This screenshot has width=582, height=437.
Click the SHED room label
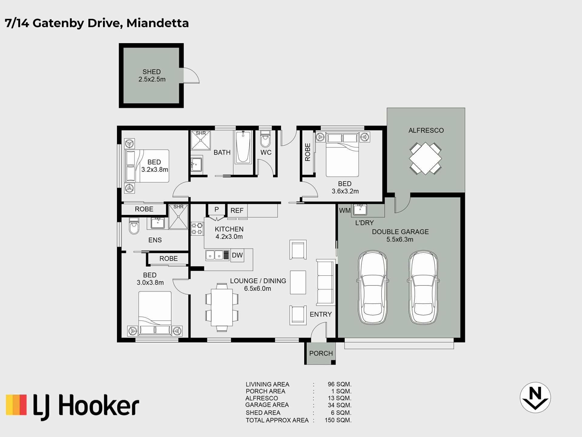pos(152,72)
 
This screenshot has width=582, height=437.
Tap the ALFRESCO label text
pos(426,130)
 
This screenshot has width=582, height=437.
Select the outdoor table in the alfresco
pos(425,158)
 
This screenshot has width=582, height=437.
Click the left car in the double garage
pos(373,287)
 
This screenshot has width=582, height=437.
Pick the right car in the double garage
pos(423,287)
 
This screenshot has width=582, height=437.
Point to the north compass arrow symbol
pos(535,398)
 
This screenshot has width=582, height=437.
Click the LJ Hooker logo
pos(72,407)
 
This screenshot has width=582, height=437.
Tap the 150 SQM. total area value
pos(338,420)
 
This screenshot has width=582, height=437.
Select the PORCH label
pos(321,353)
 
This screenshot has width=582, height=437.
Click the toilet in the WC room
pos(265,139)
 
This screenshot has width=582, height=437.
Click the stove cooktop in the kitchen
pos(197,229)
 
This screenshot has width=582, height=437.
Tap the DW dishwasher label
pos(237,255)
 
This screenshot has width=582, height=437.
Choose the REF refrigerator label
pos(237,210)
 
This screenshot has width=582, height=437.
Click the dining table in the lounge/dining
pos(222,307)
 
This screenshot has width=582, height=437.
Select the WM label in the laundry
pos(345,210)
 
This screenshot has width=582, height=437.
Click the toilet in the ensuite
pos(134,226)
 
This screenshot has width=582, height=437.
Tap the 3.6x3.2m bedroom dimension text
pos(345,191)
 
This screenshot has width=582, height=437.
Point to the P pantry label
pos(216,209)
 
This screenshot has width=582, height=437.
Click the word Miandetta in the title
pos(158,23)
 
